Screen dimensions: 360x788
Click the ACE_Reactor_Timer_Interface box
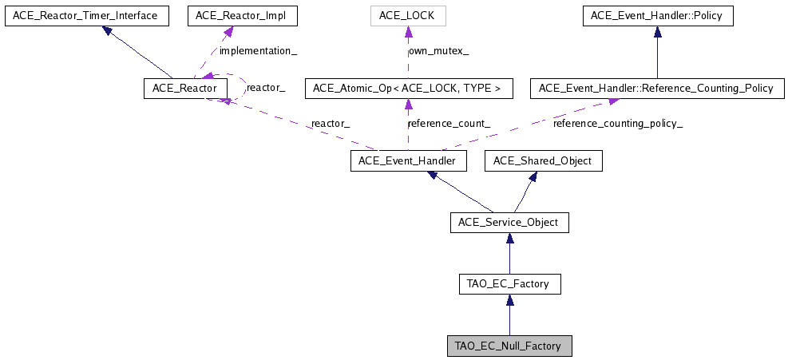tap(86, 15)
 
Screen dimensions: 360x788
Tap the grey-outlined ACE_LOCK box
tap(408, 15)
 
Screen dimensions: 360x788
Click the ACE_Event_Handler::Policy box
tap(656, 15)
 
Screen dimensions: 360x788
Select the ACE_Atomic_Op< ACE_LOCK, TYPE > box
tap(408, 88)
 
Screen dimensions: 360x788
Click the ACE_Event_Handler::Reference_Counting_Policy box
tap(656, 88)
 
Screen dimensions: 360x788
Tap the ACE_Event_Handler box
tap(408, 161)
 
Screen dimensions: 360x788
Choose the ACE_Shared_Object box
tap(543, 161)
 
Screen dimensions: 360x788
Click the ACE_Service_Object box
tap(509, 222)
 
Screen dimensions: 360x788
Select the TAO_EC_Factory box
tap(509, 283)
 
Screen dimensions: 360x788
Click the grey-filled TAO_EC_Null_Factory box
tap(509, 346)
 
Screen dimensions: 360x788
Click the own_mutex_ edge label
tap(439, 51)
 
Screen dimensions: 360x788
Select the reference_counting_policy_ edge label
tap(618, 124)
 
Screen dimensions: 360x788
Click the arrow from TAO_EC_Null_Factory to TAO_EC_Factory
tap(509, 315)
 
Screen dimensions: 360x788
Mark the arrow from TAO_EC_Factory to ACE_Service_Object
tap(509, 253)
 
